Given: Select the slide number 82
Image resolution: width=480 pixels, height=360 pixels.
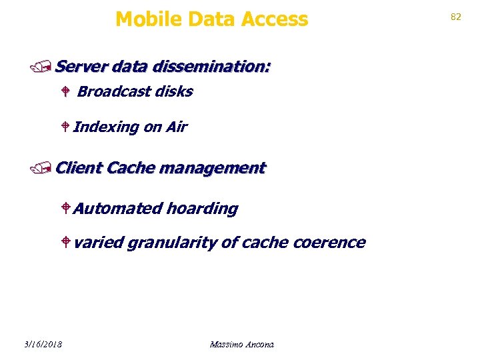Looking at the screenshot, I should [x=456, y=17].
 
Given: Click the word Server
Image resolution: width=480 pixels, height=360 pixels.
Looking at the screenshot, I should [x=82, y=67].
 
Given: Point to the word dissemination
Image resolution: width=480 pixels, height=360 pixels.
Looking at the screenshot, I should [x=211, y=67].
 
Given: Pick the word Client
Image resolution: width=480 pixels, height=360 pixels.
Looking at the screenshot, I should [x=79, y=167].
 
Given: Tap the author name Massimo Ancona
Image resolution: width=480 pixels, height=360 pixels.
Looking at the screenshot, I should [x=241, y=344].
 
